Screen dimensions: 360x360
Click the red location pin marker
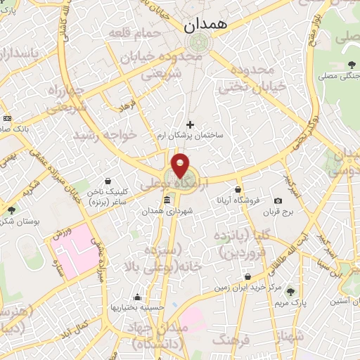click(x=180, y=165)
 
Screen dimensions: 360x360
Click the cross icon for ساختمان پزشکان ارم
click(x=190, y=124)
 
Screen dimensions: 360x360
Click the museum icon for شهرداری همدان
click(x=166, y=201)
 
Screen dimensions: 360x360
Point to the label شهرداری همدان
click(x=166, y=212)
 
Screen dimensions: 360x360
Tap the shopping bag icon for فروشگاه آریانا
click(x=238, y=189)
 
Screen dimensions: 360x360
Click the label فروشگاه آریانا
click(x=238, y=201)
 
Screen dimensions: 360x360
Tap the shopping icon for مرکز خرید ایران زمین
click(x=247, y=276)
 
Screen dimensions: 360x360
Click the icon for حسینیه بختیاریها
click(x=137, y=296)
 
